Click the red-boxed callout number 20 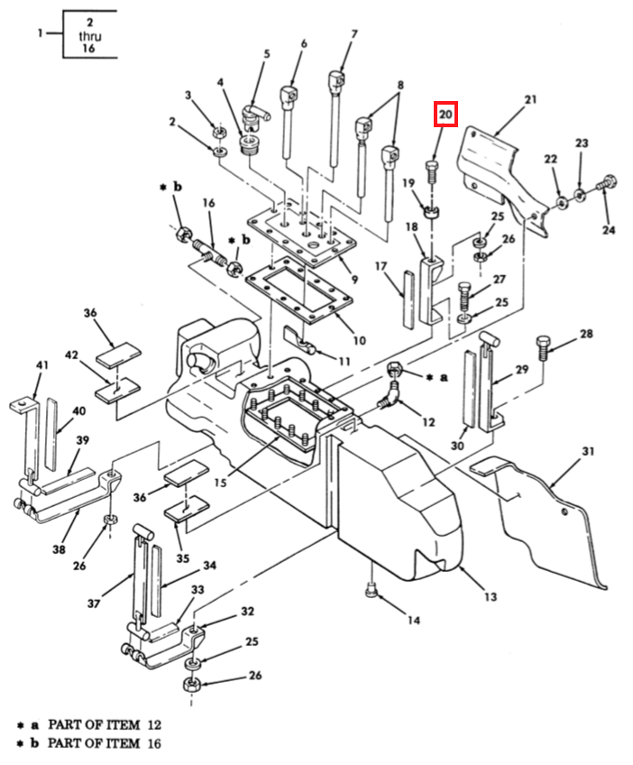[x=445, y=115]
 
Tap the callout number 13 [x=491, y=596]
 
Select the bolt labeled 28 [x=543, y=346]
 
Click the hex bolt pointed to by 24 [x=607, y=184]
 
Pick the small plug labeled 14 [x=372, y=591]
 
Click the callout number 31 [x=589, y=451]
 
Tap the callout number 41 [x=42, y=365]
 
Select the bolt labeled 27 [x=464, y=296]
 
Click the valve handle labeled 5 [x=255, y=117]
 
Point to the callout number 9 [x=354, y=280]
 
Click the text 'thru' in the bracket [x=90, y=35]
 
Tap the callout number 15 [x=221, y=483]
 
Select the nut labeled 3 [x=219, y=132]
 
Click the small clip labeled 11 [x=300, y=339]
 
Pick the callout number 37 [x=94, y=604]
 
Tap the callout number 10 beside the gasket [x=360, y=340]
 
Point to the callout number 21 [x=530, y=99]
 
